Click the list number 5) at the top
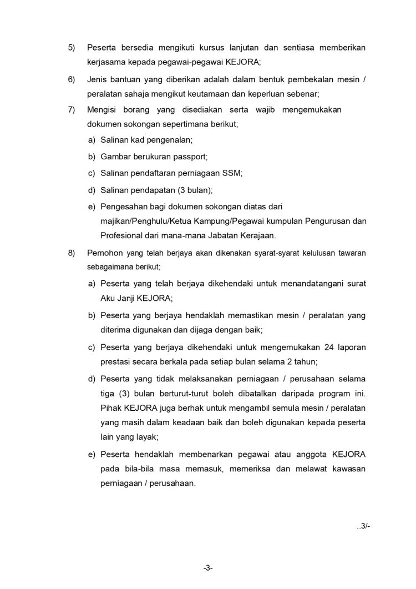tap(72, 48)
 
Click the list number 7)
tap(72, 110)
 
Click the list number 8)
tap(72, 253)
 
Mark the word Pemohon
tap(104, 253)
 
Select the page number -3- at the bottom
tap(208, 568)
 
